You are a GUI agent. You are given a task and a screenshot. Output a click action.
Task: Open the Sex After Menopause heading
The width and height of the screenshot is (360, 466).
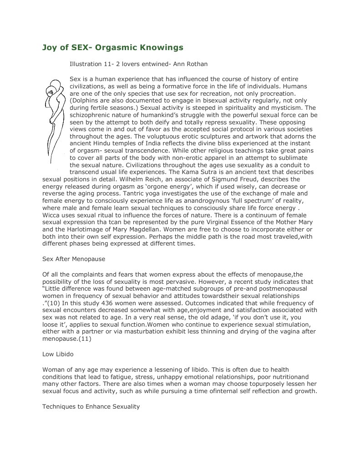click(74, 259)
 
